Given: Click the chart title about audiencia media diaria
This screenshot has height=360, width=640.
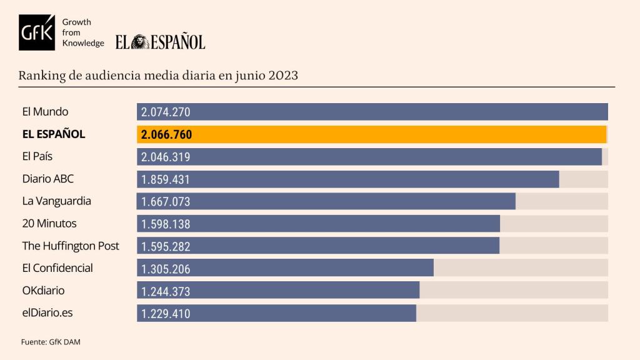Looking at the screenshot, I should tap(158, 76).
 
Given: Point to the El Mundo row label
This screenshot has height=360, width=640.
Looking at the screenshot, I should tap(45, 112).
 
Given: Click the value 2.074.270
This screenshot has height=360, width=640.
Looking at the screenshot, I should tap(166, 112).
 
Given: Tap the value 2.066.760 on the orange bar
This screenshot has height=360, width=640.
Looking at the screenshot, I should tap(166, 135).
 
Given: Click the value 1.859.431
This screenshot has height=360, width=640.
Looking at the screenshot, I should tap(166, 179).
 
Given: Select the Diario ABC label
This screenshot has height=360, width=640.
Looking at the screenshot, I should tap(47, 179).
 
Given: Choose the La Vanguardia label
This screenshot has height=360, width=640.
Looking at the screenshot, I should tap(56, 201).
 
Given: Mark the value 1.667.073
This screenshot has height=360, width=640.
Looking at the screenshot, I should tap(166, 202).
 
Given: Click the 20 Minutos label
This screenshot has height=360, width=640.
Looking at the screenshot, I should tap(49, 223).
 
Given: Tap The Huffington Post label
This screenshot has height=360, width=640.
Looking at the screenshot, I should tap(71, 246).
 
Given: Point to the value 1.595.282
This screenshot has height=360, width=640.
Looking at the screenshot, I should tap(166, 246).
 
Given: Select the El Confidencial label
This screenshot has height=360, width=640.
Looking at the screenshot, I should tap(57, 267).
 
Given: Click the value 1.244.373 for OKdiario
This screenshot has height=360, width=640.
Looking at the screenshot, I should tap(166, 291).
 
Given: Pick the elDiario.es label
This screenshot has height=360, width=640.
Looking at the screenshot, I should tap(47, 312).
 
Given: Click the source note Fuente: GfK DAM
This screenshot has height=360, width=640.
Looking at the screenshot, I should tap(51, 342).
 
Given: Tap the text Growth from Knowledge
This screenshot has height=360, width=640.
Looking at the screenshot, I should tap(83, 32).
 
